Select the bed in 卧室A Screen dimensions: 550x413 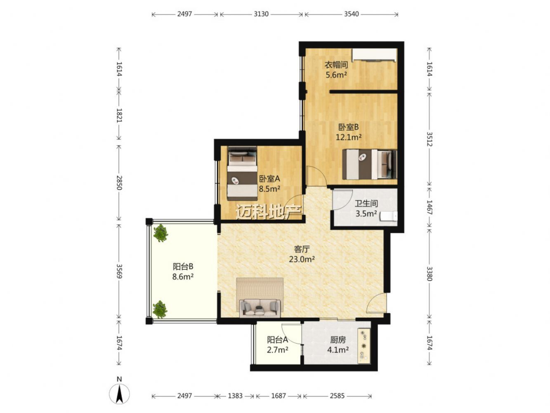242,173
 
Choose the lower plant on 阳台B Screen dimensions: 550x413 160,309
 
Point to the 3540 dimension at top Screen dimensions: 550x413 351,14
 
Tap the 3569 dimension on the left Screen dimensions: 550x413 119,271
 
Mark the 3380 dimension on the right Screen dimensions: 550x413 430,273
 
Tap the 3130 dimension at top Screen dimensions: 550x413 261,14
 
